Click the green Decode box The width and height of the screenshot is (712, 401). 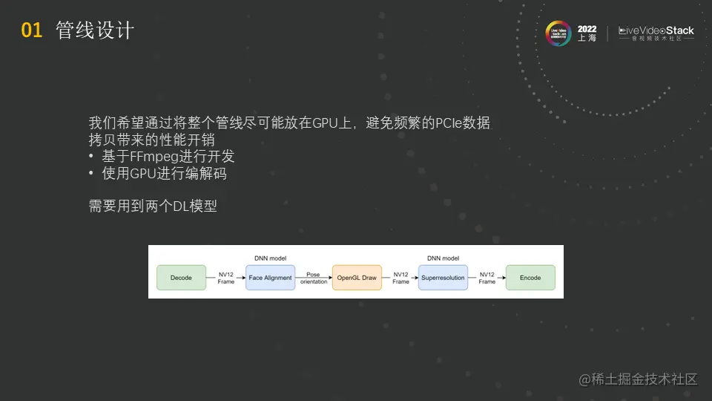click(x=181, y=278)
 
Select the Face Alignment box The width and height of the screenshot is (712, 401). click(x=270, y=278)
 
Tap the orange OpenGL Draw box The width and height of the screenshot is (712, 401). click(x=357, y=278)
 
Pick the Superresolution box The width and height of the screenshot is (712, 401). click(x=443, y=278)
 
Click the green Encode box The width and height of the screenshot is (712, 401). click(x=530, y=278)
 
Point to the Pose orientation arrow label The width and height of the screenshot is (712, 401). click(x=314, y=278)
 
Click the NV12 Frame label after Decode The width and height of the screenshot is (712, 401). click(x=226, y=278)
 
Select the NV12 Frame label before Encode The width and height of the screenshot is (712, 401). click(x=487, y=278)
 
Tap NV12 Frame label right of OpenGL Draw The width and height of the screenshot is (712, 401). click(x=400, y=278)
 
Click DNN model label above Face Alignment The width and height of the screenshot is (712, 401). click(x=270, y=258)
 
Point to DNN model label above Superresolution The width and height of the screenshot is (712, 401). click(x=443, y=258)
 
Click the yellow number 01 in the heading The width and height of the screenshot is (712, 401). click(x=32, y=30)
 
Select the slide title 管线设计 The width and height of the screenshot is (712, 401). click(x=95, y=30)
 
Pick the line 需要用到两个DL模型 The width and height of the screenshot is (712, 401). click(x=153, y=206)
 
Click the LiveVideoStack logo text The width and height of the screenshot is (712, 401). click(x=656, y=31)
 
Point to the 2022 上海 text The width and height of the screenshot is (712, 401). click(x=587, y=33)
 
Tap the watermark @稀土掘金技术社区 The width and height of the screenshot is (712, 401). click(x=639, y=379)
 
